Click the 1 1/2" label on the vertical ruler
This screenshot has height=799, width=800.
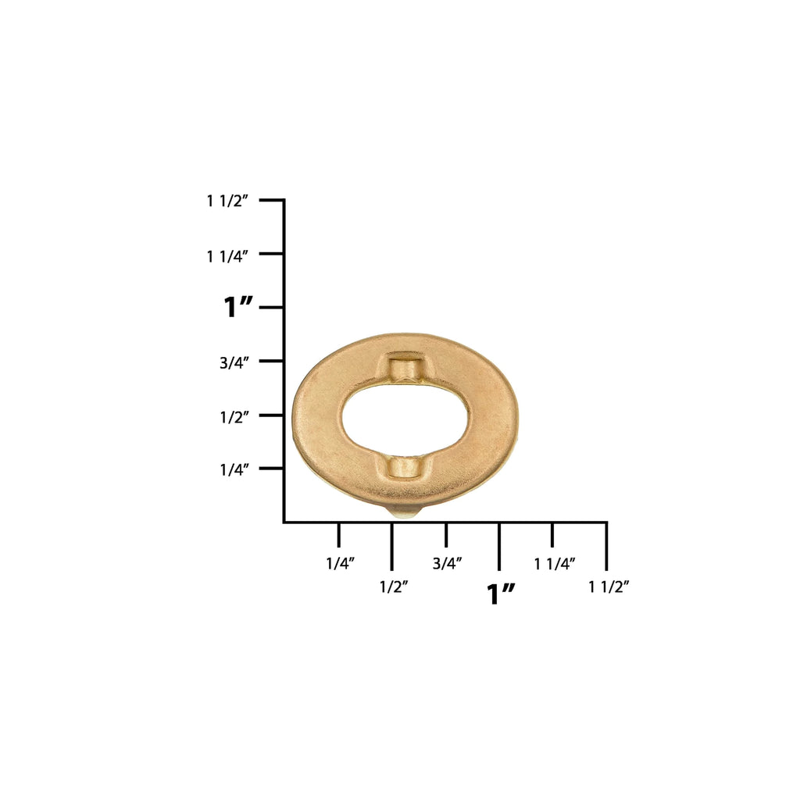click(227, 201)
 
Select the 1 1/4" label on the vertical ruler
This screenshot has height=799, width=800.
click(227, 256)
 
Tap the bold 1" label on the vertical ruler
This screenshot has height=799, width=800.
click(237, 307)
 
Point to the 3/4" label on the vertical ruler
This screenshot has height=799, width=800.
click(234, 362)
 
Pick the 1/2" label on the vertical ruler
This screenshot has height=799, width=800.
click(234, 417)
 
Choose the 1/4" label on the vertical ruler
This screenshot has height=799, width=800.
click(234, 469)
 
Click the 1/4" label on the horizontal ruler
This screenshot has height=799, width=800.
click(340, 563)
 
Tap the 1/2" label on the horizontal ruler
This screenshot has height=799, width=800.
click(394, 587)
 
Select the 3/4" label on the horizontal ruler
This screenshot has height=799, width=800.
click(447, 563)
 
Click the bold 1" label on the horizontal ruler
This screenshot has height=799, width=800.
click(501, 594)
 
